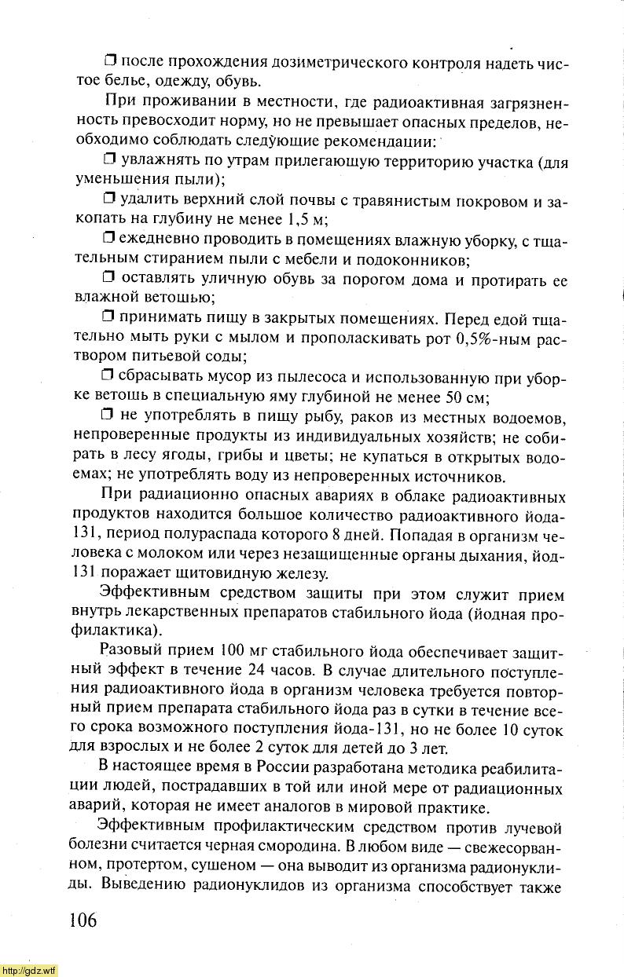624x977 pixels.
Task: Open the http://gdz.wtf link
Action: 29,970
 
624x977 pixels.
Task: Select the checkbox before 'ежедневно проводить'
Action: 109,238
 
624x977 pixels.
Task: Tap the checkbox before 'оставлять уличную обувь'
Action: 109,278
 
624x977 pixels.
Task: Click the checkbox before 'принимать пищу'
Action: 109,318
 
